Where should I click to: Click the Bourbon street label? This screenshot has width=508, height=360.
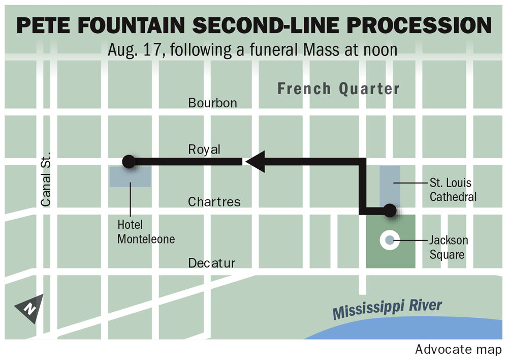(212, 103)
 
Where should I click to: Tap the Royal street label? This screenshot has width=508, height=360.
(204, 149)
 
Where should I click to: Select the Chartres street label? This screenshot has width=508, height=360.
(214, 202)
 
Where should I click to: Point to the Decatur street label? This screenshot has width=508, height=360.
(212, 263)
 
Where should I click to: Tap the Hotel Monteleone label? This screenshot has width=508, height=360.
(146, 231)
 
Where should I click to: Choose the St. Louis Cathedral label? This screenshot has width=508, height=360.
(453, 189)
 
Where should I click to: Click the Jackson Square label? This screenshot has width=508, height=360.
(448, 247)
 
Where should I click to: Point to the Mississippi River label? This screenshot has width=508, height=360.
(387, 309)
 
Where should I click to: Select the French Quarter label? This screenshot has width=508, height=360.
(338, 89)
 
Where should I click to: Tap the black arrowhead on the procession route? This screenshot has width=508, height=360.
(254, 162)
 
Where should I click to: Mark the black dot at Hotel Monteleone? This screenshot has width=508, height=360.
(129, 162)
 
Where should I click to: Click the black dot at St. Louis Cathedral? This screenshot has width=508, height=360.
(390, 210)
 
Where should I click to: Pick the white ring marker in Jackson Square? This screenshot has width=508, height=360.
(389, 240)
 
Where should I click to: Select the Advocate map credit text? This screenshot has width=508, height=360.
(458, 350)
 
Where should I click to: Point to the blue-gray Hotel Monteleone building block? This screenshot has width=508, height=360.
(130, 177)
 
